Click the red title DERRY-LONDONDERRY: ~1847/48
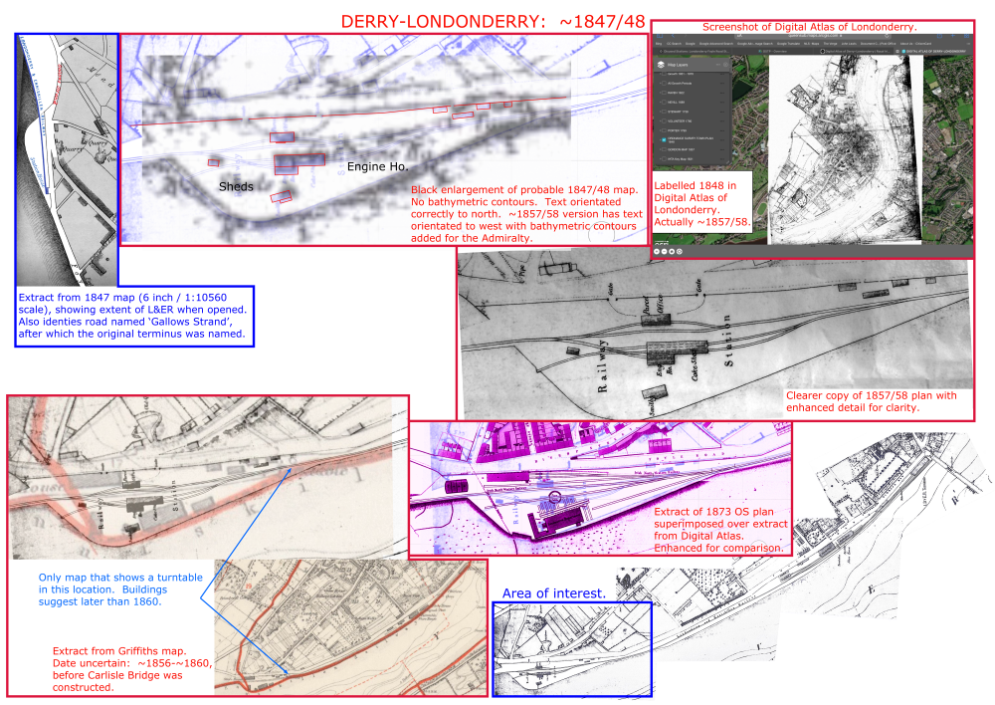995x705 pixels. click(493, 22)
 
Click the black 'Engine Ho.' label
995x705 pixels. click(377, 167)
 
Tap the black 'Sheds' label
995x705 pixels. click(236, 186)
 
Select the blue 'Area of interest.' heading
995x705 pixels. click(553, 593)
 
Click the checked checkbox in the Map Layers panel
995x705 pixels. click(664, 141)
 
